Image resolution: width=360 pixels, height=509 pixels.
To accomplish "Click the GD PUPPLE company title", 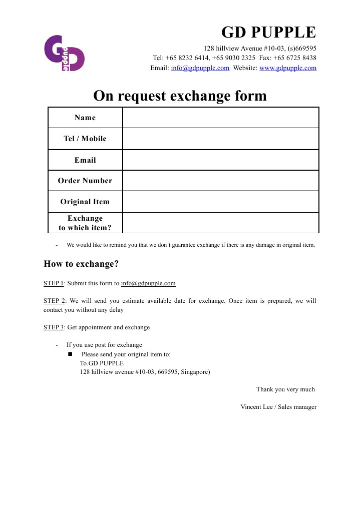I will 268,33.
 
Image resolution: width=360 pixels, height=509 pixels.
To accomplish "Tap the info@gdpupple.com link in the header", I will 200,68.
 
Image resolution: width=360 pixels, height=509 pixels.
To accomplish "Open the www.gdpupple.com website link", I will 288,68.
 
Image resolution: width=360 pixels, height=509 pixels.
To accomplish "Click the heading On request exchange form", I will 180,96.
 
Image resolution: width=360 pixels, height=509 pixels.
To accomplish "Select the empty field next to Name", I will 220,118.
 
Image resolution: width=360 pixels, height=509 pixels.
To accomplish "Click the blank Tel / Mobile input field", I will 220,139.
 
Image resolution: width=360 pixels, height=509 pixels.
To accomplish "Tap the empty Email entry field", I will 220,160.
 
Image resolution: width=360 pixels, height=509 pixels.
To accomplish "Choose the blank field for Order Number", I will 220,181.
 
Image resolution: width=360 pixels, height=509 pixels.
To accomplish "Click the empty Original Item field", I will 220,202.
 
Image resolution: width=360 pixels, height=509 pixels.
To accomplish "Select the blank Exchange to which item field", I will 220,223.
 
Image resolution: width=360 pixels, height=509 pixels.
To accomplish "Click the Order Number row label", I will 85,181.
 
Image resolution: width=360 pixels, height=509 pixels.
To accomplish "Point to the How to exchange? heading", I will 81,264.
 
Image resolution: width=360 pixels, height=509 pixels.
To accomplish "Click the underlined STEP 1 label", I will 54,283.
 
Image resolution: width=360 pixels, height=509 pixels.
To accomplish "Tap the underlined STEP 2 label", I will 54,301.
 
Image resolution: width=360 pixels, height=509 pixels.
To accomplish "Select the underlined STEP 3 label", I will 54,327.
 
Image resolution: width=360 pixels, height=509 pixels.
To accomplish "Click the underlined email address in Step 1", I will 148,283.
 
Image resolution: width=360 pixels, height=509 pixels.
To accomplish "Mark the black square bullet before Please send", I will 71,354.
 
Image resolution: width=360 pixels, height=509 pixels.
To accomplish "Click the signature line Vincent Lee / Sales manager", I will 278,407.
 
